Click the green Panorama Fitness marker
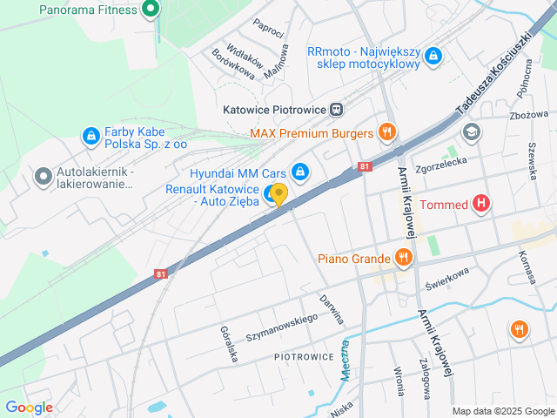pyautogui.click(x=151, y=10)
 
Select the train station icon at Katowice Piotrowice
pyautogui.click(x=336, y=110)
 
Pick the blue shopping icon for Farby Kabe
pyautogui.click(x=91, y=136)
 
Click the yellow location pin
pyautogui.click(x=278, y=195)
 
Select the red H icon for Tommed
pyautogui.click(x=481, y=206)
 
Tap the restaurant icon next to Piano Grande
pyautogui.click(x=402, y=257)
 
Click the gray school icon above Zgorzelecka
pyautogui.click(x=472, y=132)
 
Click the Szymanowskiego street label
pyautogui.click(x=281, y=328)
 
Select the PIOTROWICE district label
pyautogui.click(x=304, y=357)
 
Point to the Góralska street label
pyautogui.click(x=229, y=345)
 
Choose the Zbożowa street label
pyautogui.click(x=529, y=115)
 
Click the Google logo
pyautogui.click(x=29, y=408)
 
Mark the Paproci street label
pyautogui.click(x=269, y=29)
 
